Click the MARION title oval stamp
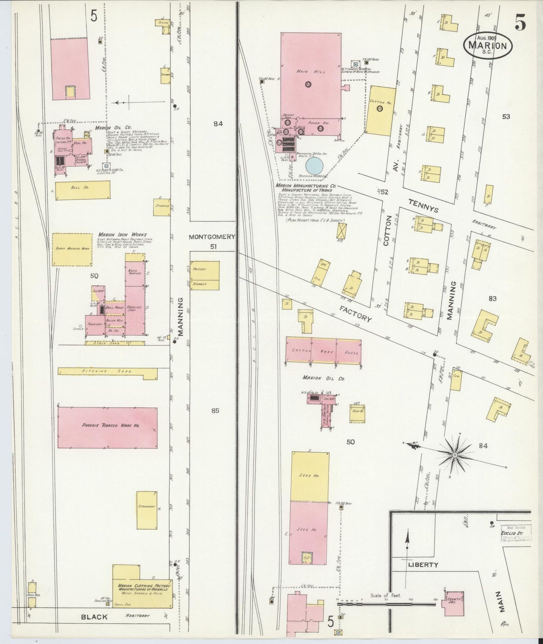tap(490, 44)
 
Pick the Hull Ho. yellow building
tap(83, 190)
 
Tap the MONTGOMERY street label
tap(212, 237)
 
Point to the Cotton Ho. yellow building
tap(380, 110)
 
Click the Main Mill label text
tap(305, 71)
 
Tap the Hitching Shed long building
tap(107, 371)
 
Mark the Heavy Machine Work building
tap(72, 249)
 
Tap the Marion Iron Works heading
tap(122, 235)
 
